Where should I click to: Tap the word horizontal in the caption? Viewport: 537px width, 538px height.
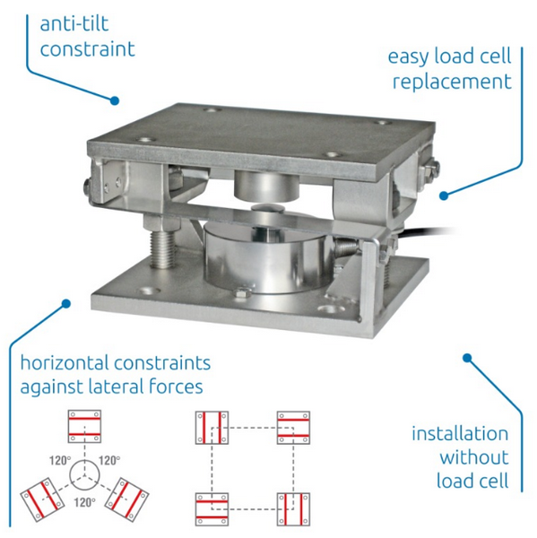click(66, 363)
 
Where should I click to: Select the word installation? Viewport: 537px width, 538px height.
click(460, 434)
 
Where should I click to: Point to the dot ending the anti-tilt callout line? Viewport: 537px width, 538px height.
click(115, 100)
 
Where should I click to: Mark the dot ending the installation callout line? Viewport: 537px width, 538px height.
click(467, 358)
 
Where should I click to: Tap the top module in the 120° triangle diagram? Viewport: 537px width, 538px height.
click(87, 427)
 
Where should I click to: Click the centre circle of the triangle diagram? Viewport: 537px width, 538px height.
click(87, 470)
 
